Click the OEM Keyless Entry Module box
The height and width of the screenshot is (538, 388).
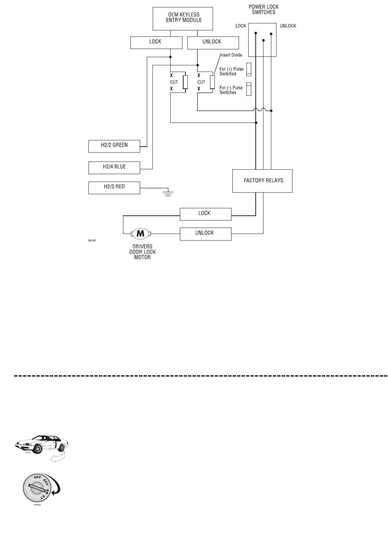click(x=183, y=18)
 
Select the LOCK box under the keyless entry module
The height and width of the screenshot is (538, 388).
click(x=156, y=42)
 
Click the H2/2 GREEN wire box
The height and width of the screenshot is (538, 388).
click(x=114, y=146)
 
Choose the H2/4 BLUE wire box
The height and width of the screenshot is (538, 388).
click(x=114, y=167)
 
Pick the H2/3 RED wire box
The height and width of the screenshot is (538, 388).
click(x=114, y=188)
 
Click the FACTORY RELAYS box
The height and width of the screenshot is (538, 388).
click(x=262, y=181)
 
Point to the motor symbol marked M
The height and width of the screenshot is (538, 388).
click(x=140, y=234)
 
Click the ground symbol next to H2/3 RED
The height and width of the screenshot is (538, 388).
click(x=168, y=192)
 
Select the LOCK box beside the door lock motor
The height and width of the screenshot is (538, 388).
click(x=206, y=214)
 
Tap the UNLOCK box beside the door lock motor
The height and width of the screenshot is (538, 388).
click(x=206, y=234)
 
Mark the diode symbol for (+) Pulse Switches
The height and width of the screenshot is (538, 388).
click(x=249, y=69)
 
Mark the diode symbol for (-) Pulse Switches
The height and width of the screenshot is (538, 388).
click(x=249, y=89)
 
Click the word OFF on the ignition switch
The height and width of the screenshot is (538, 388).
click(x=38, y=477)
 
